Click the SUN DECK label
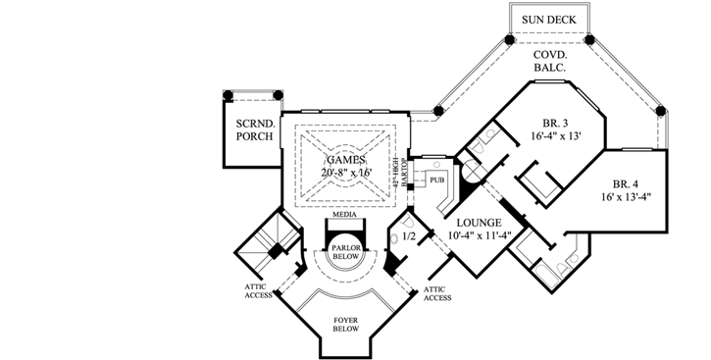click(549, 20)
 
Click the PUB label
click(435, 180)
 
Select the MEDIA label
click(343, 213)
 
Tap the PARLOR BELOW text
click(344, 250)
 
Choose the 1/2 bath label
click(409, 236)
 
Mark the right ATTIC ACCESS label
click(437, 292)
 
